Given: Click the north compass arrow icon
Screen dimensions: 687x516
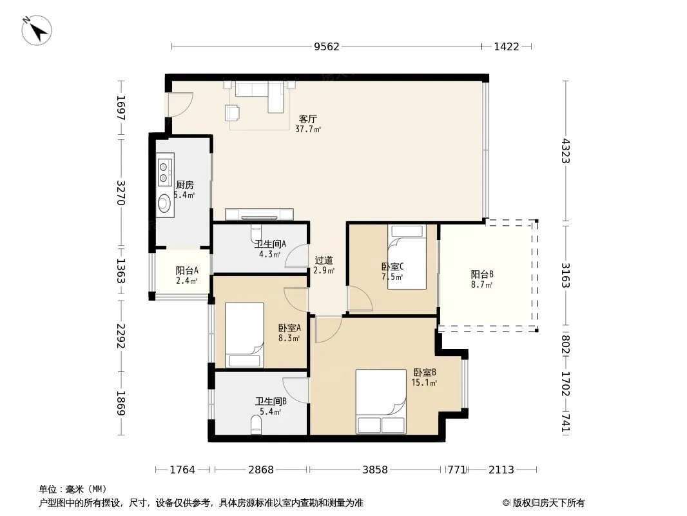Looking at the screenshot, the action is (x=37, y=30).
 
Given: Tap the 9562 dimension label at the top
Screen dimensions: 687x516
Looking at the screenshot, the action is (x=326, y=46).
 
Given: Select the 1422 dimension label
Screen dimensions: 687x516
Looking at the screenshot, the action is (x=507, y=46).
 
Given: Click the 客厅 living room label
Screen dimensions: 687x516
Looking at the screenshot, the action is (x=308, y=119).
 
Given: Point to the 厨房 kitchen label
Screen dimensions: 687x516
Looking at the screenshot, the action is (x=184, y=185).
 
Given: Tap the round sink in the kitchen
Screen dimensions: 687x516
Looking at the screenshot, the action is (x=164, y=203).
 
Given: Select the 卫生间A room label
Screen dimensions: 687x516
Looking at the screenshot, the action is (x=270, y=244).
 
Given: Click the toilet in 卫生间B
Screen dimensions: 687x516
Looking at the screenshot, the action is (x=256, y=425).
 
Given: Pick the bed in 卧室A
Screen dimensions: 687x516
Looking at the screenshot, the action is (x=244, y=335).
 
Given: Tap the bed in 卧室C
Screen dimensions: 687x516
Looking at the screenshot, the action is (x=407, y=257).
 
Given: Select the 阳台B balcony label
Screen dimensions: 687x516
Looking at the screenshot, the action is (x=483, y=274).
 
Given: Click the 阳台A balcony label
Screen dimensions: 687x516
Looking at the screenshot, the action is (x=187, y=270).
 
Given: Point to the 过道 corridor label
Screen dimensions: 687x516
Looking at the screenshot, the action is (x=324, y=261).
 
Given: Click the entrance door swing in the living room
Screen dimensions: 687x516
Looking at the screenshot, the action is (x=180, y=104).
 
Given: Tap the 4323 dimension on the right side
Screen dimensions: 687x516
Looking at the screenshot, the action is (x=566, y=151).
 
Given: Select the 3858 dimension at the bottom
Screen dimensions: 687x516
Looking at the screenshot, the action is (x=375, y=470).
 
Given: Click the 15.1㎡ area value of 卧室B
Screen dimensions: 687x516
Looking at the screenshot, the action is (x=424, y=382).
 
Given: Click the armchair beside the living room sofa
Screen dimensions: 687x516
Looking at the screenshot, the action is (x=233, y=113).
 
